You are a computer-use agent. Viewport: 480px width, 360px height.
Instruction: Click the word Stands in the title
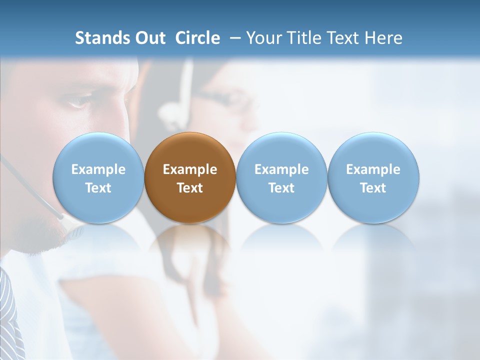[101, 38]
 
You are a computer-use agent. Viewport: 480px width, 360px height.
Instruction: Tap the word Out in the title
[149, 38]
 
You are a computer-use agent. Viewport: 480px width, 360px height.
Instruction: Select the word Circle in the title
[197, 38]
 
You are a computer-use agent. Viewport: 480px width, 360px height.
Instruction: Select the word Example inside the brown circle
[190, 169]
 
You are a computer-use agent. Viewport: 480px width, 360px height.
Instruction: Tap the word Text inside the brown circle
[190, 188]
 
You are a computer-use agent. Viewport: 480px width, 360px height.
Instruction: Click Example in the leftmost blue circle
[98, 169]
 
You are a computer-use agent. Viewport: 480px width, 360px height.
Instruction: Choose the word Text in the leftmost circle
[98, 188]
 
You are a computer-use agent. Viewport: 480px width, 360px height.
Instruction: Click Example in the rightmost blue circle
[373, 169]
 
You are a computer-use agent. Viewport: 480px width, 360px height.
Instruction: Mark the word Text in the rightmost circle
[373, 188]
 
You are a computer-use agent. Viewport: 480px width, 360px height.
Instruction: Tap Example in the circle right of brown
[281, 169]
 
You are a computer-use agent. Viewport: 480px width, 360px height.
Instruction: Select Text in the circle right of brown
[281, 188]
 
